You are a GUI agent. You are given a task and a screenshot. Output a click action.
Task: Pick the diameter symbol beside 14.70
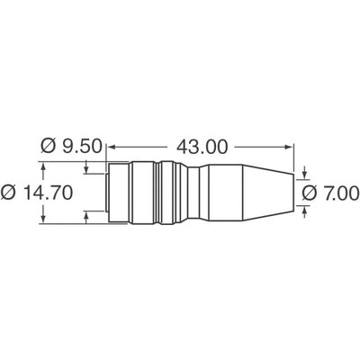[9, 192]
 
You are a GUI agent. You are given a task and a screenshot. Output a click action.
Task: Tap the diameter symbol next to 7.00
[309, 192]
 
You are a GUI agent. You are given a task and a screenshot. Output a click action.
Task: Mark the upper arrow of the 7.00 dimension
[307, 171]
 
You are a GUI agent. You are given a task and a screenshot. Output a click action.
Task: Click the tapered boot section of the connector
[243, 190]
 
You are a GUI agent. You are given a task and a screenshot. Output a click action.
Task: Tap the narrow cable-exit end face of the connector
[292, 190]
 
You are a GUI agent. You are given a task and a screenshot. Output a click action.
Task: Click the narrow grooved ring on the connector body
[159, 190]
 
